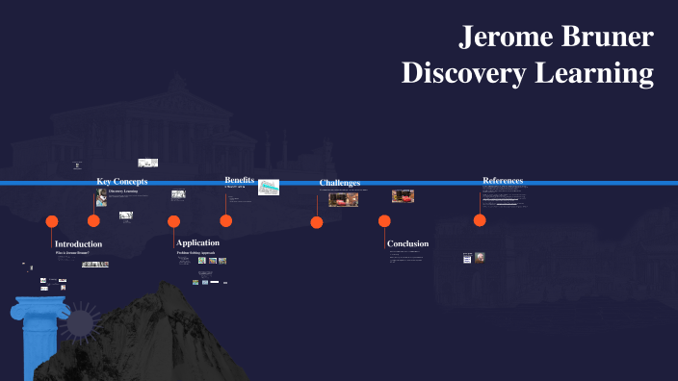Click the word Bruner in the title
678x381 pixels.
pyautogui.click(x=606, y=38)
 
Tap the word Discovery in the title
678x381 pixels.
pyautogui.click(x=458, y=73)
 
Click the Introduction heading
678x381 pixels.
pyautogui.click(x=78, y=244)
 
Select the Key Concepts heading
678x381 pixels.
pyautogui.click(x=122, y=182)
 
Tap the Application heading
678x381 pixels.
pyautogui.click(x=197, y=242)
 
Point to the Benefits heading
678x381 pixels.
pyautogui.click(x=240, y=180)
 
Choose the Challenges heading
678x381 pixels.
pyautogui.click(x=340, y=183)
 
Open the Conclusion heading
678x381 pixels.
pyautogui.click(x=407, y=243)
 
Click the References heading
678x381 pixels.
pyautogui.click(x=503, y=181)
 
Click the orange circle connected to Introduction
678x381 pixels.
pyautogui.click(x=52, y=221)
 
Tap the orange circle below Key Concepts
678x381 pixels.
pyautogui.click(x=94, y=221)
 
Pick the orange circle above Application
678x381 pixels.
pyautogui.click(x=173, y=221)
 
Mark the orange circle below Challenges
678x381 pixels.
pyautogui.click(x=317, y=222)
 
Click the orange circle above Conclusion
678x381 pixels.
pyautogui.click(x=384, y=221)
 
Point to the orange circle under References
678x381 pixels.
pyautogui.click(x=480, y=220)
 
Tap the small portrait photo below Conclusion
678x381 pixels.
pyautogui.click(x=480, y=258)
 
